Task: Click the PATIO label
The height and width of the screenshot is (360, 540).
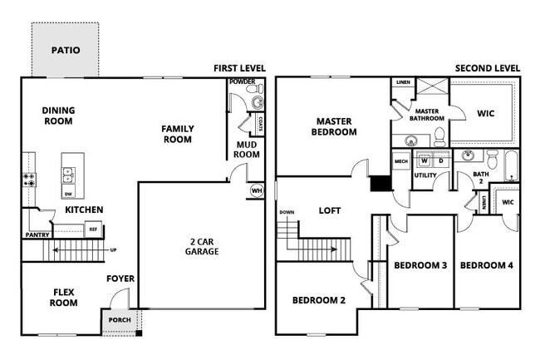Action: (x=66, y=50)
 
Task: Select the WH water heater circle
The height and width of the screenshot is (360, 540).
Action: (x=257, y=190)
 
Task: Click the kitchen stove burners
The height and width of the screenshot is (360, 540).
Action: (x=28, y=176)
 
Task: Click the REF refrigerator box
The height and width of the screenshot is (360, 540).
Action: (x=93, y=229)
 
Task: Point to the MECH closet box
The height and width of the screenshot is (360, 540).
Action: (x=400, y=161)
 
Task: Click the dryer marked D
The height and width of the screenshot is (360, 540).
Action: (x=440, y=160)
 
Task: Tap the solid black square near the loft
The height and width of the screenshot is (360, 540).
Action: (x=380, y=184)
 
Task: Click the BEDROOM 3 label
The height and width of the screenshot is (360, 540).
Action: (x=420, y=265)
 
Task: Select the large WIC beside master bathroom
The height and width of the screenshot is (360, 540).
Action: (x=485, y=113)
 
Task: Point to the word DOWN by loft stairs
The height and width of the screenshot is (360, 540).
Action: (x=287, y=212)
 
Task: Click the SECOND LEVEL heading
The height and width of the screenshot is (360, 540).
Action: (x=488, y=68)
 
